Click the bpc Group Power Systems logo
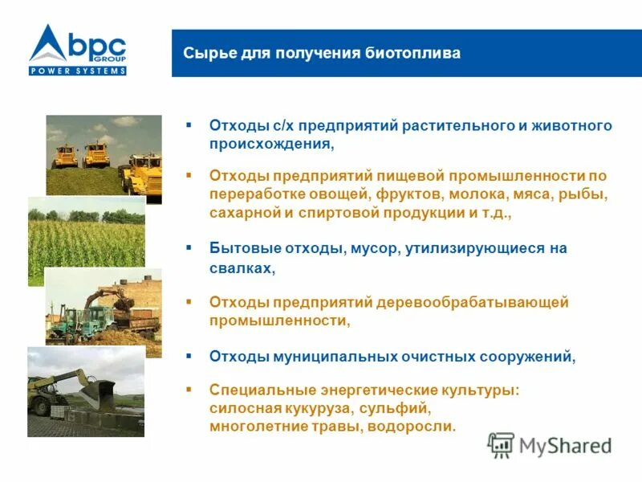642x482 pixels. [78, 50]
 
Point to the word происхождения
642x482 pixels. [269, 145]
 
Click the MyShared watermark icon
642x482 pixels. [501, 444]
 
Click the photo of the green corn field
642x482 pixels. [87, 231]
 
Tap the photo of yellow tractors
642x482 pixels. [104, 154]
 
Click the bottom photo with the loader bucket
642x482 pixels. [86, 391]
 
